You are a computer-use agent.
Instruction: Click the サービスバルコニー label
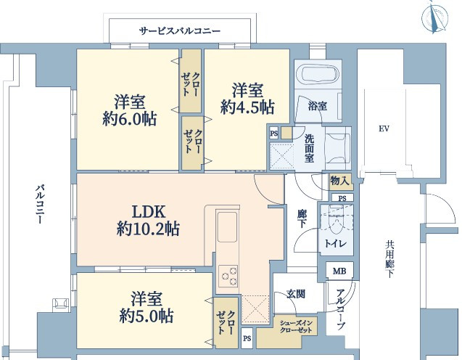coord(180,30)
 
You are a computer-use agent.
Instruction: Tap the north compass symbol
coord(435,17)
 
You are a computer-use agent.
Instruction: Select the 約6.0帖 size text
coord(130,119)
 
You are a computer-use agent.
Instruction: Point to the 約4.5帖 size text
coord(247,107)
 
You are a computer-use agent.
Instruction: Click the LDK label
coord(148,212)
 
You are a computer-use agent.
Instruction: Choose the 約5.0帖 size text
coord(147,316)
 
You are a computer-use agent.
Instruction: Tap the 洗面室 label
coord(309,148)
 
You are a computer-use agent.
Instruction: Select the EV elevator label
coord(384,128)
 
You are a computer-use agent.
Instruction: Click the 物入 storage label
coord(340,180)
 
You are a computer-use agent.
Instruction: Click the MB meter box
coord(339,271)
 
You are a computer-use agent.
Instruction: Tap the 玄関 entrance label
coord(296,294)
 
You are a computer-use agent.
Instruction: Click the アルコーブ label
coord(340,310)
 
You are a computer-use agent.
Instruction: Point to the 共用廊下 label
coord(389,259)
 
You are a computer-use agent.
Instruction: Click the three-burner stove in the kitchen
coord(228,277)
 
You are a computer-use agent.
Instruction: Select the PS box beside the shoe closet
coord(247,338)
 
